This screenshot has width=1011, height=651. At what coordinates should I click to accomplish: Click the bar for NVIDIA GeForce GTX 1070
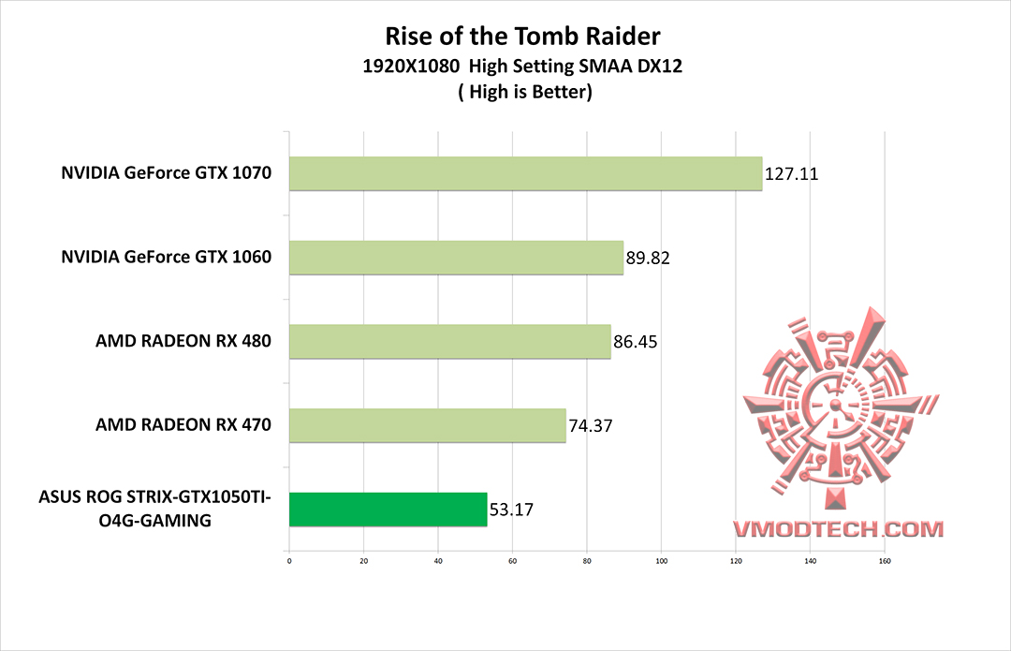point(525,173)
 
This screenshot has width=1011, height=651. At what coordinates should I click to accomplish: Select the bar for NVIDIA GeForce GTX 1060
point(456,258)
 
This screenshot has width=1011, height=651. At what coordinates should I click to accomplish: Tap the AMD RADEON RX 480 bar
point(449,342)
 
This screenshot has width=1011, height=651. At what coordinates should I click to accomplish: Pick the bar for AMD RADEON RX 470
point(427,425)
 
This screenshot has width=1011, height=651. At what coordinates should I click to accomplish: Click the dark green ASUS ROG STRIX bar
point(388,510)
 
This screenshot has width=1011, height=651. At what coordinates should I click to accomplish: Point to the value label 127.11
point(792,173)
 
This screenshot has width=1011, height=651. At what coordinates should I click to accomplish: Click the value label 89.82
point(649,258)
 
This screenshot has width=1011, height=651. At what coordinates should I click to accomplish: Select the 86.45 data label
point(636,342)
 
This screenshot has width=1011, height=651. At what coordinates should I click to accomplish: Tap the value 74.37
point(591,426)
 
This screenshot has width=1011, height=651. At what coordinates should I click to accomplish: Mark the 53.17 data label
point(512,510)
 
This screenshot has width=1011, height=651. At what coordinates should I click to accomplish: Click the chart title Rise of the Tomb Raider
point(523,37)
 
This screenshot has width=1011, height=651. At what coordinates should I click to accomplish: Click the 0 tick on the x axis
point(289,562)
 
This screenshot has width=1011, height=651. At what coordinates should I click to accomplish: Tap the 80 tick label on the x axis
point(587,562)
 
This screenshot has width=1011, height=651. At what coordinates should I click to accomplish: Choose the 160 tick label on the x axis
point(884,562)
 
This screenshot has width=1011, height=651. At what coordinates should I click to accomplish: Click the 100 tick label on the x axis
point(661,562)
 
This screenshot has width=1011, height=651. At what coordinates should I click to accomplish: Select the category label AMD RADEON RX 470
point(183,425)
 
